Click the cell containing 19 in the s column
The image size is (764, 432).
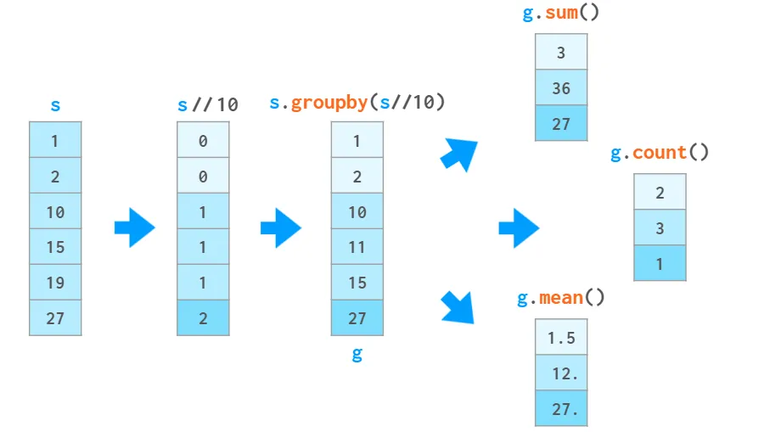(55, 283)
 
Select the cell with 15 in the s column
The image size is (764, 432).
(55, 247)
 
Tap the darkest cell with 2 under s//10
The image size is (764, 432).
(203, 317)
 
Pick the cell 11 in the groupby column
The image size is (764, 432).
(357, 247)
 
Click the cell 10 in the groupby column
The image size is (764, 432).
(357, 211)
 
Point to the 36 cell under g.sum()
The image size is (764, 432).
(561, 87)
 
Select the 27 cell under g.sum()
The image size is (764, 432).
(561, 123)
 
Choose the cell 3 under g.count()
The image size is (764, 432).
(660, 227)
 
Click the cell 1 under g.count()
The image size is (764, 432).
(660, 263)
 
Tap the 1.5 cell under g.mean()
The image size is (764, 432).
(561, 337)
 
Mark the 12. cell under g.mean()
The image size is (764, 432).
(561, 373)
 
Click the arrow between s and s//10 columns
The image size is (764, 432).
(134, 227)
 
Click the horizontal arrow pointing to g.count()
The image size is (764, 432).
(519, 227)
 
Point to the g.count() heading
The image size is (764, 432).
(660, 153)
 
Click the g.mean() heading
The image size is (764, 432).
(561, 298)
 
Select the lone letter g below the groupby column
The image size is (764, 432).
(357, 355)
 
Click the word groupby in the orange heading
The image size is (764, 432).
(329, 103)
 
